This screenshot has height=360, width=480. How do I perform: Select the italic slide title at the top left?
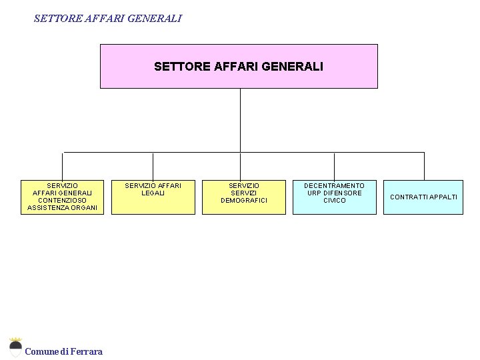(x=107, y=19)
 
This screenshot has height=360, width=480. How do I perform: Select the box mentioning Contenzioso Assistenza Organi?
(x=62, y=197)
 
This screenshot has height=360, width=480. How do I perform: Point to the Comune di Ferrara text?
(x=63, y=351)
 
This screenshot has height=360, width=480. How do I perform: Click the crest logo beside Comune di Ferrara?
(x=15, y=347)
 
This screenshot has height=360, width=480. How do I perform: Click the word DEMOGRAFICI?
(x=244, y=201)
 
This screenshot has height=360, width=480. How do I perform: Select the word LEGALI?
(x=153, y=193)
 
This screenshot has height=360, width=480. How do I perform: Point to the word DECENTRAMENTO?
(x=334, y=186)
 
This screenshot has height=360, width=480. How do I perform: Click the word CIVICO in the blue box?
(x=334, y=201)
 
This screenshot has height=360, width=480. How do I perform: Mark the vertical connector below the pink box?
(x=240, y=120)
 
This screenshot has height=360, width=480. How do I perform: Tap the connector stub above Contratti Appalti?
(x=424, y=166)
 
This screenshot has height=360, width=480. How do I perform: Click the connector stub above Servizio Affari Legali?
(x=153, y=166)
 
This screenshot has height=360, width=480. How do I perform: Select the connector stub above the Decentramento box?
(x=334, y=166)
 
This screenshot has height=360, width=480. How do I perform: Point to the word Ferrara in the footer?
(x=87, y=351)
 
